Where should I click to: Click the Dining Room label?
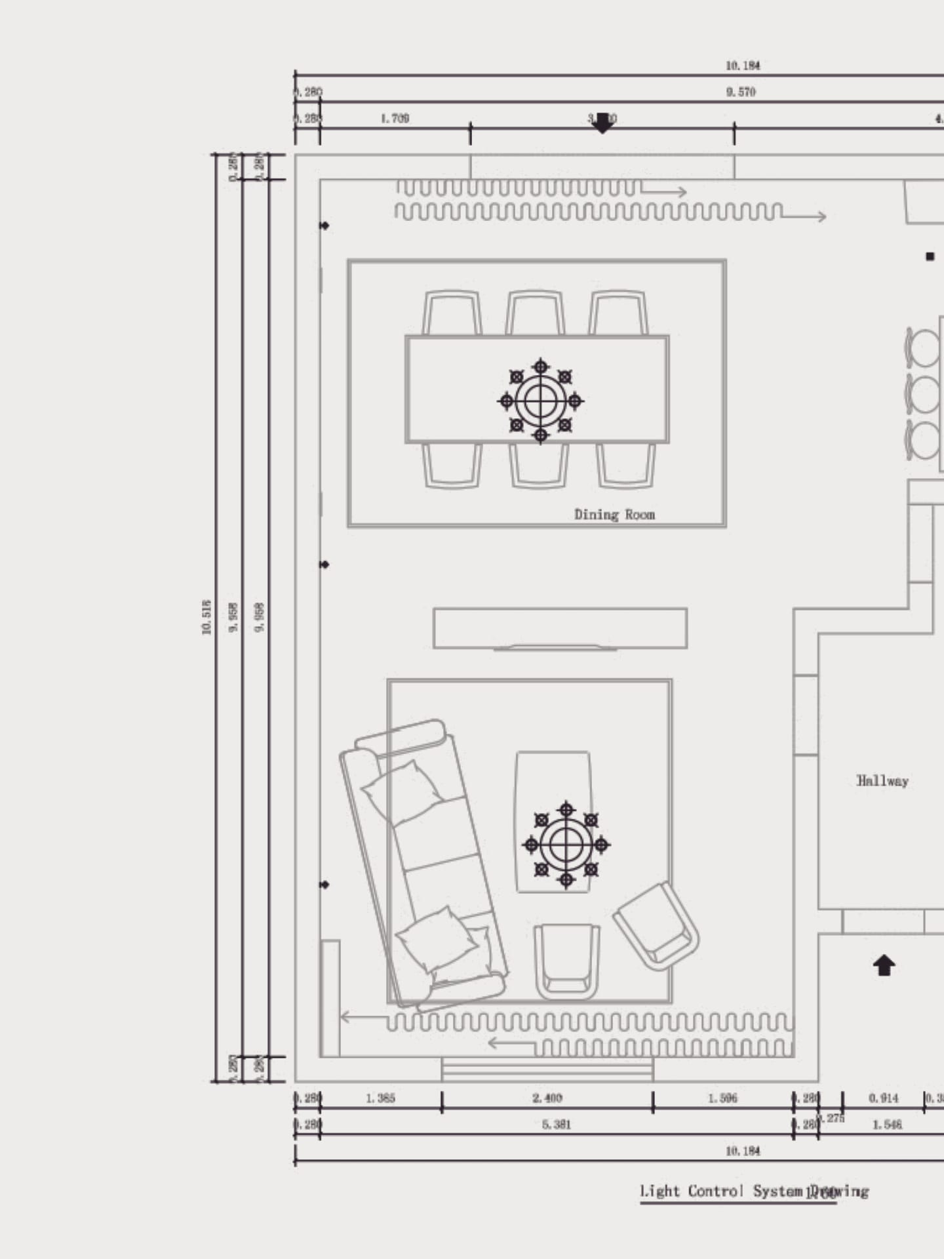coord(614,515)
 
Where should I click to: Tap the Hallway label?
coord(882,781)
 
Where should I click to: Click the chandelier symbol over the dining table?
coord(540,401)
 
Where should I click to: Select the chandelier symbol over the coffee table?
coord(566,845)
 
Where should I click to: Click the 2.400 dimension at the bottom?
coord(547,1098)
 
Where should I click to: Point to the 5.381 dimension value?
coord(557,1125)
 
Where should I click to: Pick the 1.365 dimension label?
coord(381,1098)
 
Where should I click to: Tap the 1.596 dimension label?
coord(722,1098)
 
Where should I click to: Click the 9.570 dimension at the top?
coord(741,92)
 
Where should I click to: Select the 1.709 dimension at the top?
coord(395,119)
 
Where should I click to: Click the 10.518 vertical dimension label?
coord(207,617)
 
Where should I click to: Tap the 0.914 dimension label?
coord(884,1098)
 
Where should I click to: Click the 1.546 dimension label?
coord(887,1125)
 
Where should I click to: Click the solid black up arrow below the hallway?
coord(884,965)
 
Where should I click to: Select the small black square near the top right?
coord(930,256)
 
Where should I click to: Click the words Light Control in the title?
coord(692,1191)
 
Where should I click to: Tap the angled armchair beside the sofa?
coord(656,925)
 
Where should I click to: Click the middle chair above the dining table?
coord(535,314)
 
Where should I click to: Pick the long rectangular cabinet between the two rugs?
coord(560,628)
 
